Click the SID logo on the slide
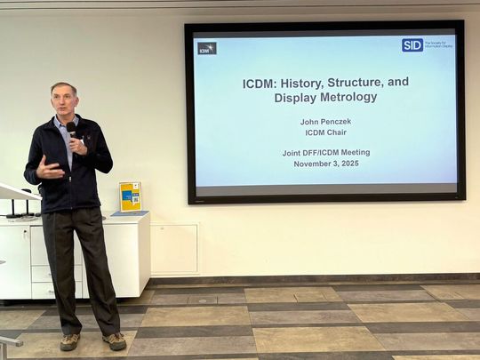[412, 45]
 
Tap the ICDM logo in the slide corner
[207, 48]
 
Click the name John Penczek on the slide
[325, 121]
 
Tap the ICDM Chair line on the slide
[325, 132]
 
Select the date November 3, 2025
[325, 164]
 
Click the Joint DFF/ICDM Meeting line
[325, 152]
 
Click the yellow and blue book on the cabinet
[130, 196]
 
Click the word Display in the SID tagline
[442, 47]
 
